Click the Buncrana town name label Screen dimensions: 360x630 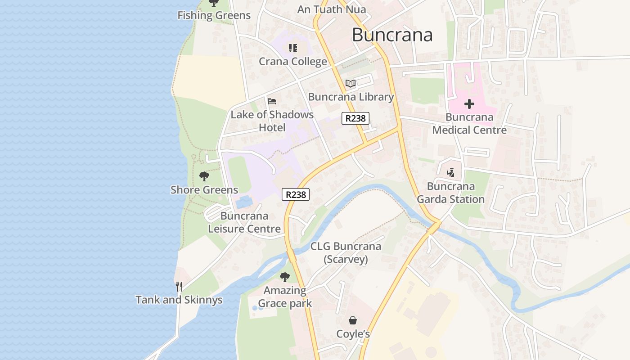point(392,35)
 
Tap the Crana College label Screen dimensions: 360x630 point(293,62)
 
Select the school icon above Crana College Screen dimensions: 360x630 point(293,48)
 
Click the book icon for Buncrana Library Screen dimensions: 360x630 point(351,83)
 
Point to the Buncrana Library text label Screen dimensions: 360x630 point(351,97)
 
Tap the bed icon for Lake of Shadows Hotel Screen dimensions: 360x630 point(272,101)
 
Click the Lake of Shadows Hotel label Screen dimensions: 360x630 point(272,121)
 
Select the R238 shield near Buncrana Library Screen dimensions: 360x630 point(355,118)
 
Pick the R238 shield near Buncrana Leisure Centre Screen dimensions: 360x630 point(296,194)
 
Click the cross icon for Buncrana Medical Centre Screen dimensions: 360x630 point(469,104)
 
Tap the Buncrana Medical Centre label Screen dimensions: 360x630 point(469,124)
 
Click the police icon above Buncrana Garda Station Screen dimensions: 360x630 point(450,172)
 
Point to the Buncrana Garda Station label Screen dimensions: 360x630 point(450,193)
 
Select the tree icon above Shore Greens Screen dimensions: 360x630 point(204,176)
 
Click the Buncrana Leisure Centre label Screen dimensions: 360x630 point(244,222)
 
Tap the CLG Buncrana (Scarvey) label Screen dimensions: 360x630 point(346,252)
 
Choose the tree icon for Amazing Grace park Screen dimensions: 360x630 point(284,277)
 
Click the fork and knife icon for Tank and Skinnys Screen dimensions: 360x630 point(179,286)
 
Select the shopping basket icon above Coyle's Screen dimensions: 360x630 point(353,320)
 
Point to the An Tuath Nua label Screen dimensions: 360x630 point(332,9)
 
